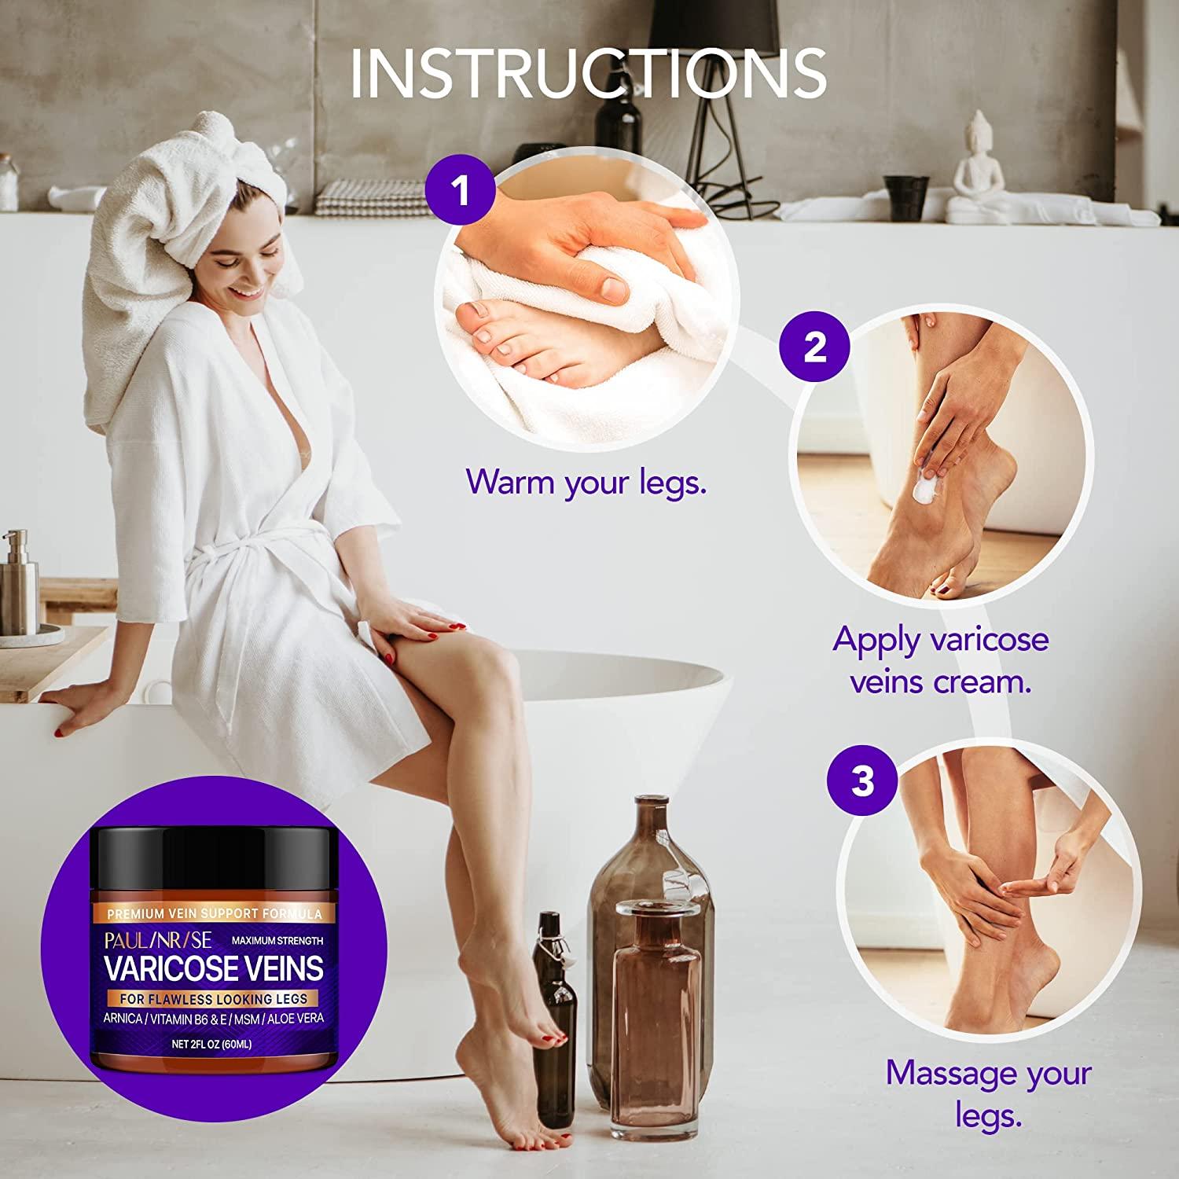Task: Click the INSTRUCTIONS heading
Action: point(588,73)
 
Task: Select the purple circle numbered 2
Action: point(814,346)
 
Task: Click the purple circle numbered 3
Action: point(862,780)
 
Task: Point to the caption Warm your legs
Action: point(586,481)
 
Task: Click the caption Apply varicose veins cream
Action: point(941,660)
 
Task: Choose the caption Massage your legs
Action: point(988,1093)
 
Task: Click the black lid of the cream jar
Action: point(214,856)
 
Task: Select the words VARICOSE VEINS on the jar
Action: point(214,968)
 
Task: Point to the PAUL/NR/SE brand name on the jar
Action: point(158,940)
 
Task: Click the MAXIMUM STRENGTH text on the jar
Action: point(277,940)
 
